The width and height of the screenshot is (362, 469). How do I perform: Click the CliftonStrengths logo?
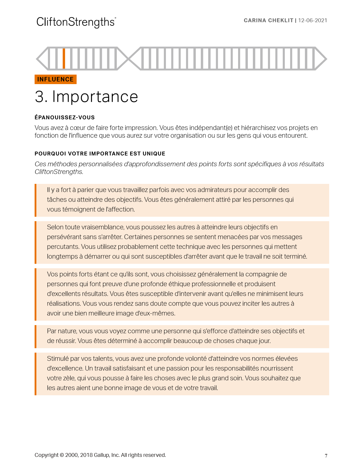coord(76,22)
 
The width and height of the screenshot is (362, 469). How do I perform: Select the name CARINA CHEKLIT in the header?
coord(268,20)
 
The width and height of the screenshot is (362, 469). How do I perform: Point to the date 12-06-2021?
coord(313,20)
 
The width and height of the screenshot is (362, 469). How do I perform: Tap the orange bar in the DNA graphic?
coord(64,58)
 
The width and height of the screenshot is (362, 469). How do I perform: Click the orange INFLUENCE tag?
coord(56,79)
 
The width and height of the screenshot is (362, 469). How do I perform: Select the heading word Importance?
coord(95,97)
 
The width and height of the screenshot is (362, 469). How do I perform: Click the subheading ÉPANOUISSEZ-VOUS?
coord(64,117)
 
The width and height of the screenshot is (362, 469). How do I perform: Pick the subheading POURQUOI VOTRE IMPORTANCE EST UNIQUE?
coord(100,153)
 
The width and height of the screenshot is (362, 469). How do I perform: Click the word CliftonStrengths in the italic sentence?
coord(59,172)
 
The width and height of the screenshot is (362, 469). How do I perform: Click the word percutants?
coord(63,247)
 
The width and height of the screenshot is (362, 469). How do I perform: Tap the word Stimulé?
coord(58,359)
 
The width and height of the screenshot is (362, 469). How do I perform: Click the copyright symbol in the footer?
coord(62,455)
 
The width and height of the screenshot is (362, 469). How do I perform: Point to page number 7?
coord(326,456)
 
